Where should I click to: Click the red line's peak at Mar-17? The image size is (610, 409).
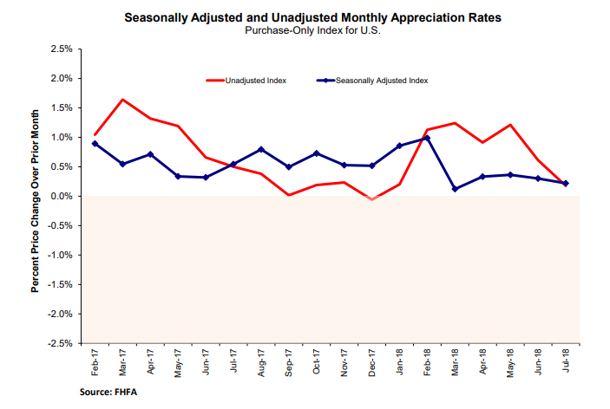pyautogui.click(x=122, y=100)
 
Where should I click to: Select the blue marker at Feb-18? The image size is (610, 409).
pyautogui.click(x=428, y=138)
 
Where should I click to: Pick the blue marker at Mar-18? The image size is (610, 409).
pyautogui.click(x=456, y=189)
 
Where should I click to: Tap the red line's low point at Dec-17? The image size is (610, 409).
pyautogui.click(x=372, y=199)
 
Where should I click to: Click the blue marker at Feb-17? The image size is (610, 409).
pyautogui.click(x=95, y=144)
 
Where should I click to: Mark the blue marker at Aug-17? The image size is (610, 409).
pyautogui.click(x=261, y=149)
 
